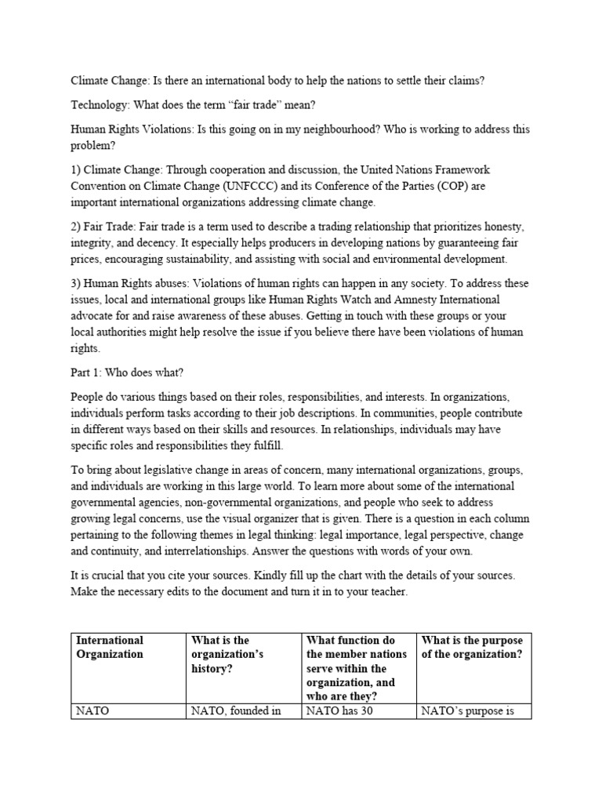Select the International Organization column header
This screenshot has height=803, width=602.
coord(110,648)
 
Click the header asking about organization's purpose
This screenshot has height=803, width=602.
coord(472,648)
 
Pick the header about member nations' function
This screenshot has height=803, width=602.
coord(357,661)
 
